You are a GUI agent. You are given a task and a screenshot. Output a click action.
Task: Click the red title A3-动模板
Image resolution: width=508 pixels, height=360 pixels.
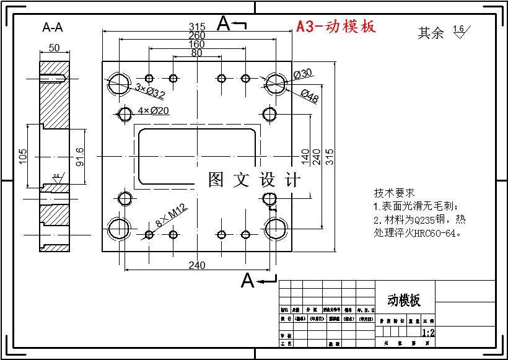point(336,27)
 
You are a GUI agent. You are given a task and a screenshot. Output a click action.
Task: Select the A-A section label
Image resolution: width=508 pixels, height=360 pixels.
point(53,27)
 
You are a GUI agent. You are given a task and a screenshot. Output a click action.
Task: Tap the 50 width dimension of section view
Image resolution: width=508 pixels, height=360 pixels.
point(54,48)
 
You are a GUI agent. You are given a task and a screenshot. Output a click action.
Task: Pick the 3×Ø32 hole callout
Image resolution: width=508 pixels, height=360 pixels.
point(150,92)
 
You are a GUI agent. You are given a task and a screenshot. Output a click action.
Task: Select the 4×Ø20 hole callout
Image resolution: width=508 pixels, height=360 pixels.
point(154,111)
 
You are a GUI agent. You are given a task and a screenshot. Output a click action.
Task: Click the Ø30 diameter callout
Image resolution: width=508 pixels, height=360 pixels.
point(303,74)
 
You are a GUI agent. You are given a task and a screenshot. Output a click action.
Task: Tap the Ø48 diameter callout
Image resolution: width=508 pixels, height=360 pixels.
point(309,95)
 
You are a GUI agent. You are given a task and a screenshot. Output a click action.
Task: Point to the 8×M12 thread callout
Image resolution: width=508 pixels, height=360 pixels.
point(172,216)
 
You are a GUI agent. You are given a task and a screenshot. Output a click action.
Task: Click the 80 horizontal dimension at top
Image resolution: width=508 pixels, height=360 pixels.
point(196,53)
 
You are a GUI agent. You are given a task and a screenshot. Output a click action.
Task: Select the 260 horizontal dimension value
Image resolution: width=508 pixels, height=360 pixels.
point(196,36)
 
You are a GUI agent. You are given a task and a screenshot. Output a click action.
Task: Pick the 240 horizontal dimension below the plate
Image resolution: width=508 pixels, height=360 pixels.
point(196,265)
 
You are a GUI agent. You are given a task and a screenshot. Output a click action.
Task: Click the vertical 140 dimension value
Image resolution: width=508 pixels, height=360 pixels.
point(305,153)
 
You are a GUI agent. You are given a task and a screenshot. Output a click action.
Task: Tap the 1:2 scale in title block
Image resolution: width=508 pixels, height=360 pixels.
point(428,333)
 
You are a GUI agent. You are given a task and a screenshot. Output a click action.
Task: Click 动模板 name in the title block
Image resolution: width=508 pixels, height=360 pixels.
point(404,301)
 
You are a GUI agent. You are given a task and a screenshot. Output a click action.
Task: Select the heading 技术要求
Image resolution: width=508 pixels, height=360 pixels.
point(394,193)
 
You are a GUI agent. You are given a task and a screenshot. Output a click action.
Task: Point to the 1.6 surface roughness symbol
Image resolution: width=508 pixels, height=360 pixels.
point(459,30)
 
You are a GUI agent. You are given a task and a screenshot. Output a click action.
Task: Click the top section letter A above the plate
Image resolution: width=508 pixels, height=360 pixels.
point(224,24)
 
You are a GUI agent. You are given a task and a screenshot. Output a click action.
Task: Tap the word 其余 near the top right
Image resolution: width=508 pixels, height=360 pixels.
point(431,33)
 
